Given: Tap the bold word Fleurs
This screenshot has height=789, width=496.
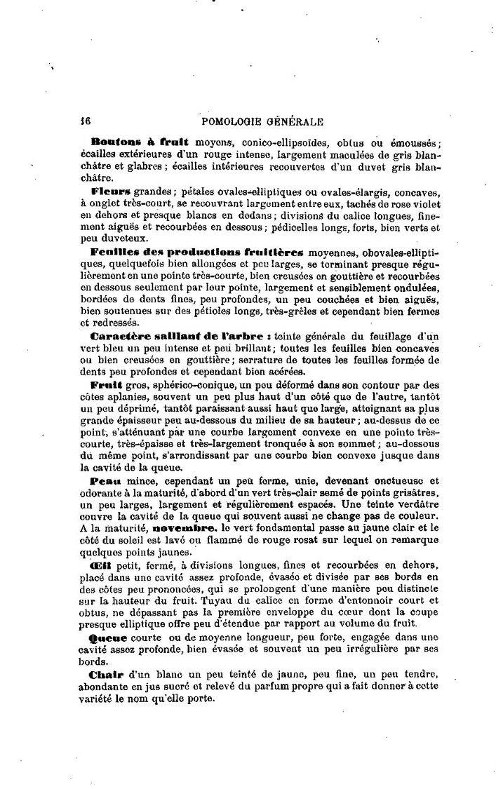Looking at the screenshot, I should pyautogui.click(x=110, y=191).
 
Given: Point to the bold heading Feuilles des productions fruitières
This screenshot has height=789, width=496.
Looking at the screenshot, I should pyautogui.click(x=196, y=251).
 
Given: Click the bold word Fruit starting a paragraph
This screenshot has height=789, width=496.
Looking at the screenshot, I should pyautogui.click(x=106, y=386).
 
